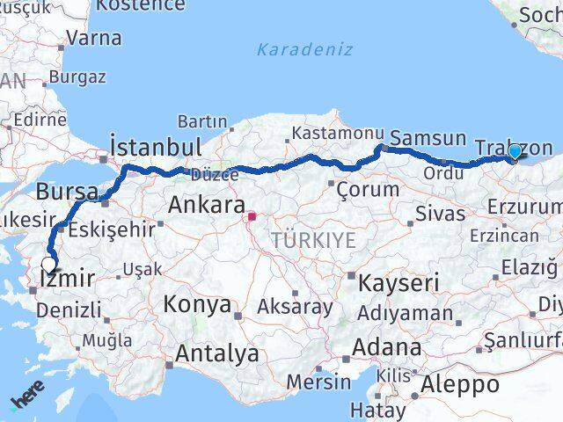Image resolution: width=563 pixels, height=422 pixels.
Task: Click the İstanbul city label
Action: coord(156,145)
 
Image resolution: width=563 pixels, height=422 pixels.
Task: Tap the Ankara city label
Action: coord(206,206)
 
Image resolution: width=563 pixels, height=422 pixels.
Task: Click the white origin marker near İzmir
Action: coord(48,262)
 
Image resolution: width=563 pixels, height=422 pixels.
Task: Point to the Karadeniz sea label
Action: coord(304,49)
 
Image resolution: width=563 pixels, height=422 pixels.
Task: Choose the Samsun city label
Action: coord(428,138)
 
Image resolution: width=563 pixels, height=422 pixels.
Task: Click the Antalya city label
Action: coord(217,354)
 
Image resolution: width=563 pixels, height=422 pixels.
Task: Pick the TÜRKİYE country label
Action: coord(313,240)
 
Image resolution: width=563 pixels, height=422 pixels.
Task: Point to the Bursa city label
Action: coord(61,191)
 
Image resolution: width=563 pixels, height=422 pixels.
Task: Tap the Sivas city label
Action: coord(440,213)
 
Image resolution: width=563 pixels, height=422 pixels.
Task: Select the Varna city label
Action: coord(94,38)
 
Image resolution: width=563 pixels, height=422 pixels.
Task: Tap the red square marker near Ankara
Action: coord(252,215)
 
